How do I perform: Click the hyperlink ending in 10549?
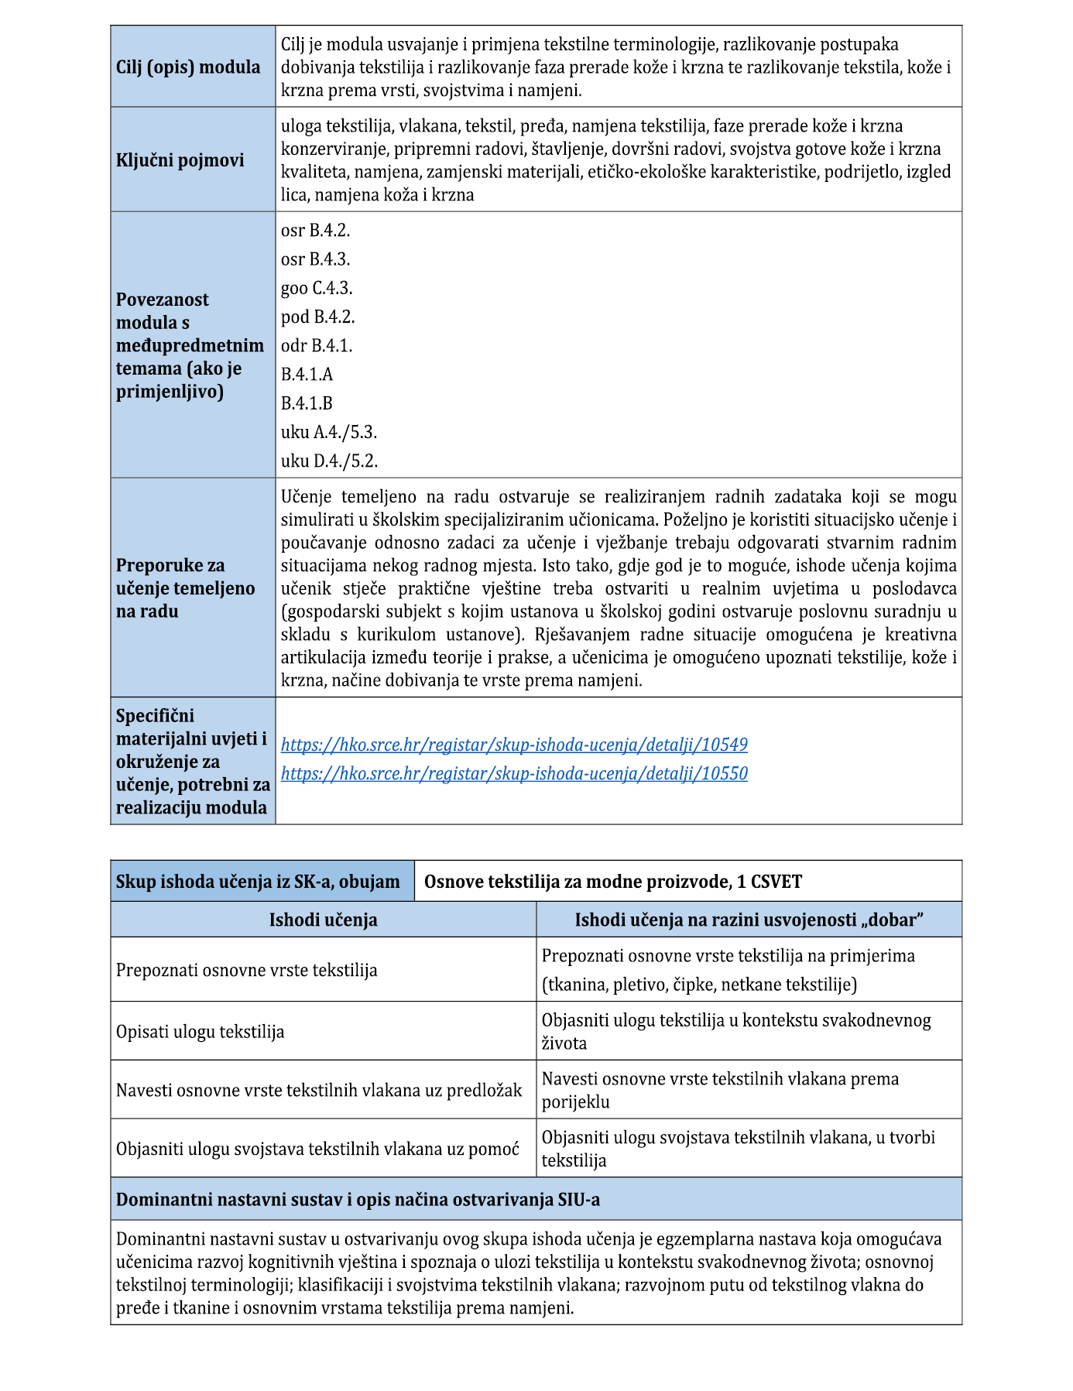514,745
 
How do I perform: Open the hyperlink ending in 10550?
514,773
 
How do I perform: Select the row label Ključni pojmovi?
180,160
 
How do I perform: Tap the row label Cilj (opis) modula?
188,67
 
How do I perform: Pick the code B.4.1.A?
307,375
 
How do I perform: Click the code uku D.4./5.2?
329,461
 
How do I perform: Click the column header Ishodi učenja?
323,920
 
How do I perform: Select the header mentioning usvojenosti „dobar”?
749,920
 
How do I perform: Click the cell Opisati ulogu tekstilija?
201,1032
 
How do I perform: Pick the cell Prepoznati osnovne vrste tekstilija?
247,970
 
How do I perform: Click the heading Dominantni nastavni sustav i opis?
358,1200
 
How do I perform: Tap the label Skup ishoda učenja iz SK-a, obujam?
258,882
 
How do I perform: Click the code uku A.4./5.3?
329,432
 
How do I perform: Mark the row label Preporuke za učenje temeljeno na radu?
186,588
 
